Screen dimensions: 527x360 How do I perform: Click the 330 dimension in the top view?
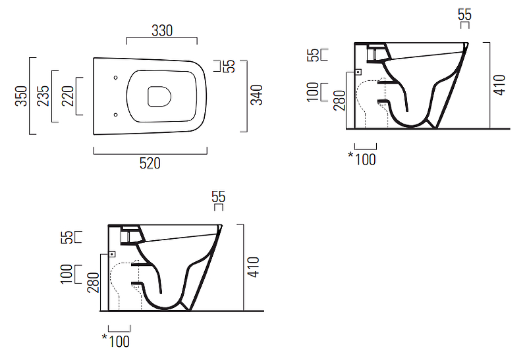pos(162,30)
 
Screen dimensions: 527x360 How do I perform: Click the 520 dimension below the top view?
pos(150,163)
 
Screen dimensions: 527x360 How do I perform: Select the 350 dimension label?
pos(21,96)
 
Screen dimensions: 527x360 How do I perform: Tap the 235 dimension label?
pos(43,96)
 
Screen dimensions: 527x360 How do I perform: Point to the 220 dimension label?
pos(68,96)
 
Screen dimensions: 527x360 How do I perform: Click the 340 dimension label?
pos(257,95)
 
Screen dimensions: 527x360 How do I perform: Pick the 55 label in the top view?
pos(229,66)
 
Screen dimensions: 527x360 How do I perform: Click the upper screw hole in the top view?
pos(116,78)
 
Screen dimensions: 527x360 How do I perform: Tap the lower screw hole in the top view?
pos(116,115)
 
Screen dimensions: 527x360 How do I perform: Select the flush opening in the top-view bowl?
pos(159,97)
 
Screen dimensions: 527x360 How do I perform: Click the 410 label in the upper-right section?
pos(499,86)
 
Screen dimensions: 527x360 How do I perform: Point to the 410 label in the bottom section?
pos(254,267)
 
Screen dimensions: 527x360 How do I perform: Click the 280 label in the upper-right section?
pos(339,101)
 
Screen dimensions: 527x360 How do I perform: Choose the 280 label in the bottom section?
pos(94,282)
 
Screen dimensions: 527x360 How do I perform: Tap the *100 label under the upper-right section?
pos(362,159)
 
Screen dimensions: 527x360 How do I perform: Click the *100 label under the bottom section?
pos(116,341)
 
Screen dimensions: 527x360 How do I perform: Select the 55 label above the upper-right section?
pos(464,14)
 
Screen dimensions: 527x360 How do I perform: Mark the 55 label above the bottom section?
pos(219,197)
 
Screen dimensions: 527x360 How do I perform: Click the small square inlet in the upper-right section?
pos(358,72)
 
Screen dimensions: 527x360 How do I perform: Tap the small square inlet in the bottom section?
pos(112,254)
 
